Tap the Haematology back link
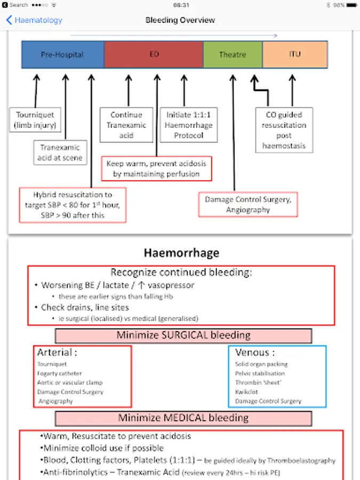(x=35, y=20)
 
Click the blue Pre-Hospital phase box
(x=62, y=54)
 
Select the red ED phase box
(x=154, y=54)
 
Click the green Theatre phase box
(x=233, y=54)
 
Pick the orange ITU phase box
(x=294, y=54)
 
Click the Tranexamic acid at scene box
(x=60, y=153)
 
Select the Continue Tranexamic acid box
(x=126, y=125)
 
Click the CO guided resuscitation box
(x=283, y=130)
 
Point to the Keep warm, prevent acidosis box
(x=156, y=169)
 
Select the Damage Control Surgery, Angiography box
(x=248, y=205)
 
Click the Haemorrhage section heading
(x=181, y=252)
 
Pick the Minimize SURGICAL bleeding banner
(x=183, y=335)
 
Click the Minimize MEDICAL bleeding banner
(x=183, y=418)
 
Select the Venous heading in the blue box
(x=255, y=353)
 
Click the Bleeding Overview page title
(x=180, y=20)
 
